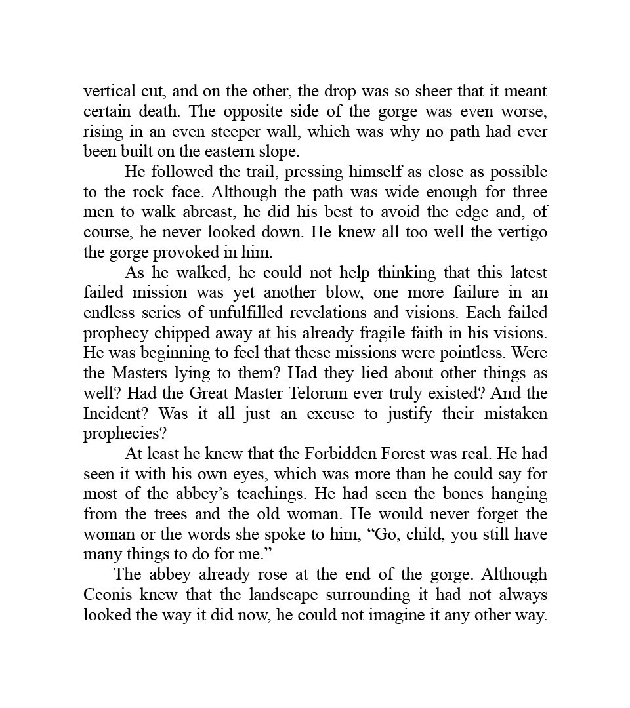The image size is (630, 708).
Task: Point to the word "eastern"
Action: pos(230,151)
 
